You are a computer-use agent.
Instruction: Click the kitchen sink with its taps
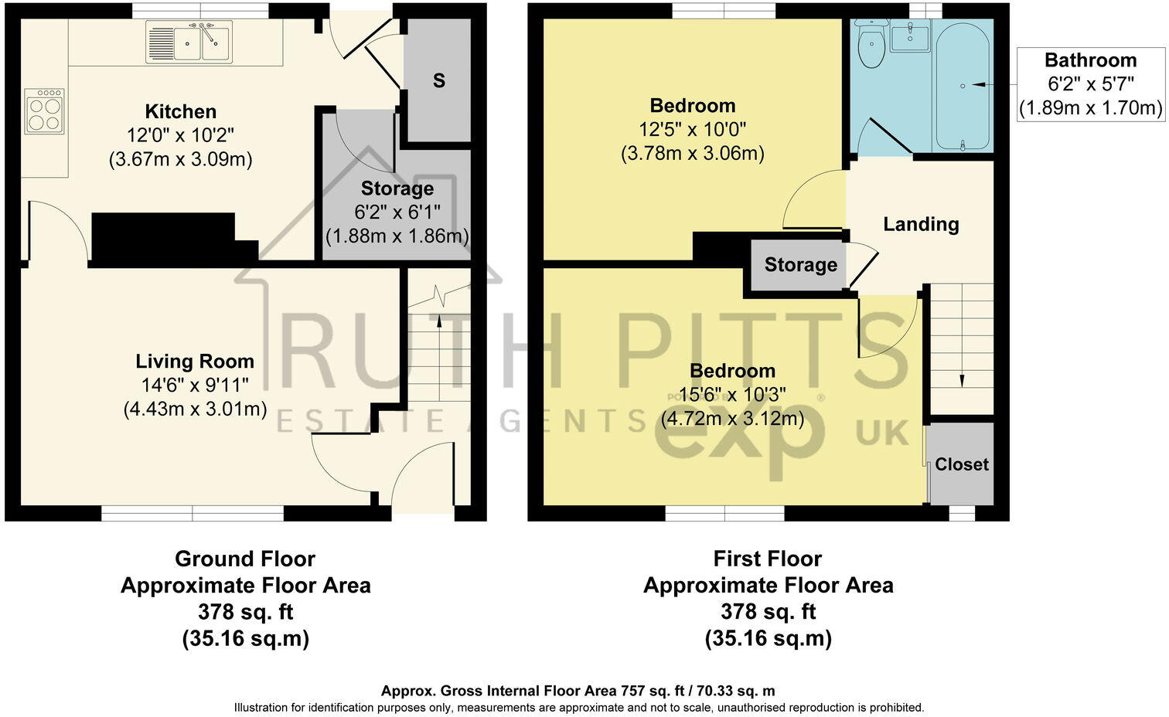189,42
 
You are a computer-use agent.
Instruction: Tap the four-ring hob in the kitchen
44,111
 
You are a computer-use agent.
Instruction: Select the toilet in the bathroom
871,46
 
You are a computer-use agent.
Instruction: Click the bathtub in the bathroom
962,86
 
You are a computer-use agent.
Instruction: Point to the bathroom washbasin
910,37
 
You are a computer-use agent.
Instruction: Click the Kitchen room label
181,111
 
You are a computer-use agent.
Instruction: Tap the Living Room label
195,361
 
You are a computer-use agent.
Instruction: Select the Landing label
921,224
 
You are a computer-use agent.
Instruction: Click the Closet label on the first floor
961,464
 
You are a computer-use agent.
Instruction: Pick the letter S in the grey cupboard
438,80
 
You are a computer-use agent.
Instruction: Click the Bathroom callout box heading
1090,60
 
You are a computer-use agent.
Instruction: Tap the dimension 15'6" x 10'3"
732,395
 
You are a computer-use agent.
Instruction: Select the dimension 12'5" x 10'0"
692,129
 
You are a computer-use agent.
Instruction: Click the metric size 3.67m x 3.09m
181,159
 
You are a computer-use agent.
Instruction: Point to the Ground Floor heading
245,559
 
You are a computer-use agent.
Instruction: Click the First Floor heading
768,559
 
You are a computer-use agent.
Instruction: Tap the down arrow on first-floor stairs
962,379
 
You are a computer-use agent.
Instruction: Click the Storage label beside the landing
800,265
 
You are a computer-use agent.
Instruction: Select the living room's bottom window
193,513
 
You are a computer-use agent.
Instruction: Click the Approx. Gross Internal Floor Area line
578,691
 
